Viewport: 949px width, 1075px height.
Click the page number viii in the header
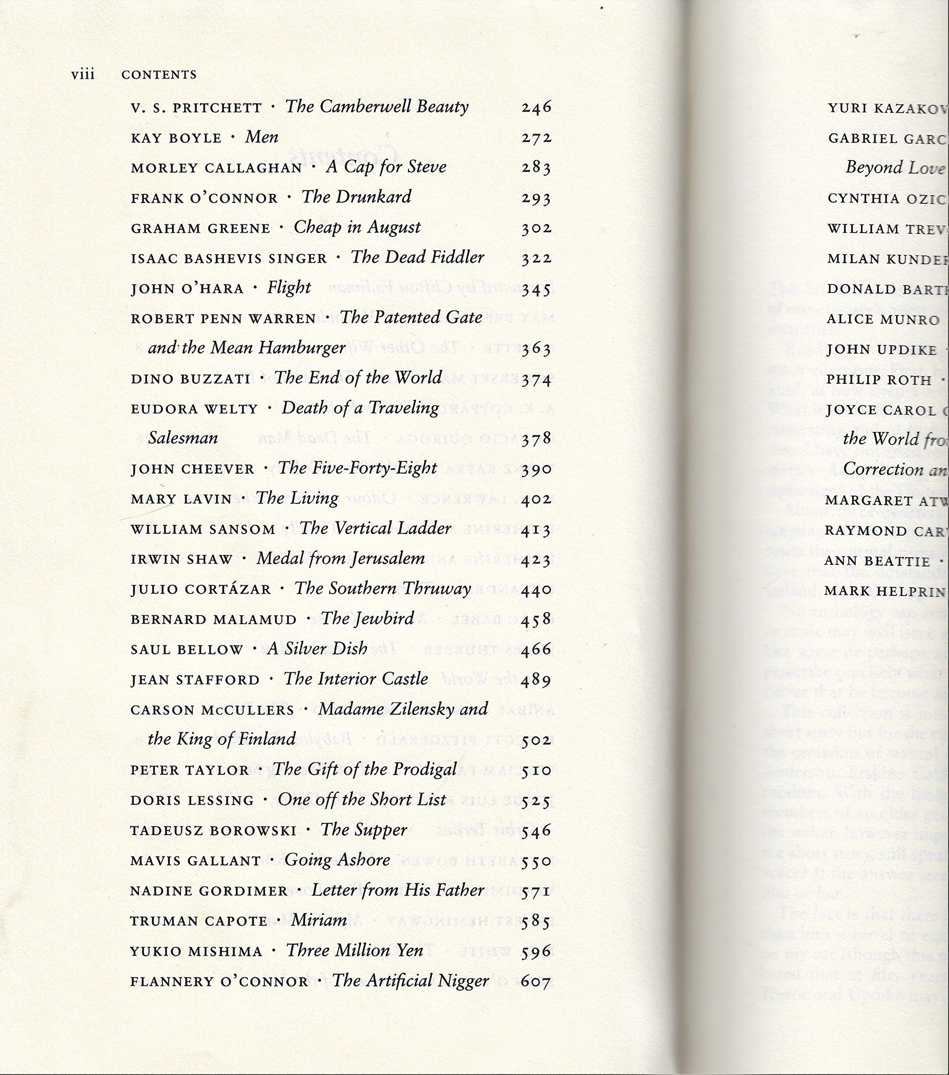tap(82, 75)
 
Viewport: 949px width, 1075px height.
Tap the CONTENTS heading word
tap(159, 75)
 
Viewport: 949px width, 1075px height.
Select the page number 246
tap(536, 108)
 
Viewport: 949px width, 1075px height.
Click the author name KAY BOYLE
tap(176, 139)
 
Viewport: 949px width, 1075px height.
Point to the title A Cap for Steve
tap(386, 167)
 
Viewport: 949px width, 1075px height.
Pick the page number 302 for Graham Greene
tap(536, 228)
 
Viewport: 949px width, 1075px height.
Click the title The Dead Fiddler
tap(417, 257)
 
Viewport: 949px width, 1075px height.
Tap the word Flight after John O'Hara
tap(289, 288)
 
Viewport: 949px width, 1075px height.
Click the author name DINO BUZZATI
tap(190, 378)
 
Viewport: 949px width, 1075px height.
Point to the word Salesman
tap(182, 438)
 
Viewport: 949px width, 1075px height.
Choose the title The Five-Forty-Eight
tap(357, 468)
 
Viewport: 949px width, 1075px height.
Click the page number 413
tap(536, 530)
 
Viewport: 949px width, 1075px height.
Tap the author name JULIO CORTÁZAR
tap(201, 590)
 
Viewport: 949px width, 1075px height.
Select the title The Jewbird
tap(368, 618)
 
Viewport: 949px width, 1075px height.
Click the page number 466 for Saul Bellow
tap(536, 650)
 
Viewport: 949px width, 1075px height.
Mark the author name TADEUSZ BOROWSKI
tap(214, 831)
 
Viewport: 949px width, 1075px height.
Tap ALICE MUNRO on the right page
tap(883, 320)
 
